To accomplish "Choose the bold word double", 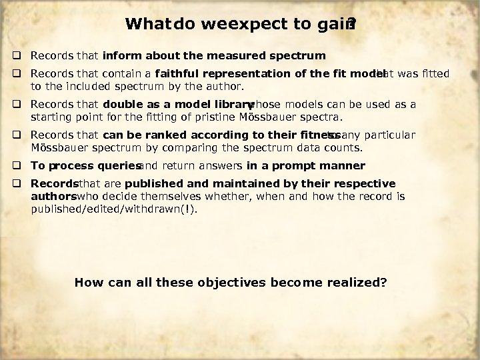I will click(123, 105).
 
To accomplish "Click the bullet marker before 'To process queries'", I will click(22, 165).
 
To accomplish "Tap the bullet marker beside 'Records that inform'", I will click(22, 55).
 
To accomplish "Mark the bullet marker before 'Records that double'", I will click(22, 105).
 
